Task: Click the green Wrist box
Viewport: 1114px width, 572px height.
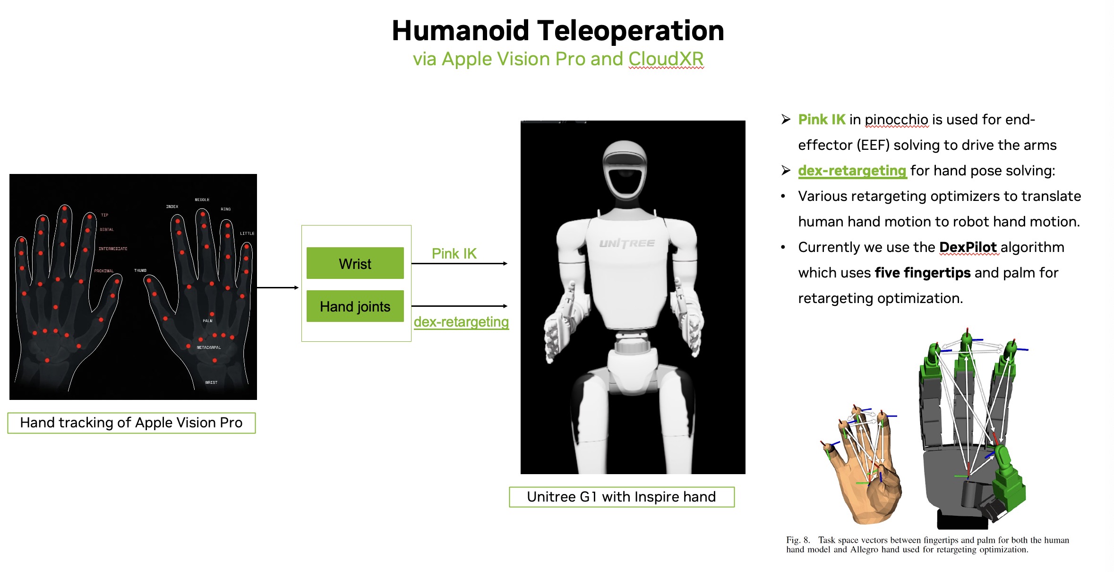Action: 355,263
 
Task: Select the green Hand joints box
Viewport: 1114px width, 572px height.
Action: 355,306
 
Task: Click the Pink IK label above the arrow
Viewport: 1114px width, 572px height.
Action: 454,254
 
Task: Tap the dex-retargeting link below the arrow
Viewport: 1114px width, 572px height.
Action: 461,322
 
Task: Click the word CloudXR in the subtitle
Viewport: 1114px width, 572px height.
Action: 666,59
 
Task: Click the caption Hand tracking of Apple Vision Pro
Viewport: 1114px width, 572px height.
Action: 131,423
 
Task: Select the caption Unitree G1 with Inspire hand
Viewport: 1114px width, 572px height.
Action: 621,497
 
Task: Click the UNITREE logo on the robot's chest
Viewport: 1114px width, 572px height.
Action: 627,243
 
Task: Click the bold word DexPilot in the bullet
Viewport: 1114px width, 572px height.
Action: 968,247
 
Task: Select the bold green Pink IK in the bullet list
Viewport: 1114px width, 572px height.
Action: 822,120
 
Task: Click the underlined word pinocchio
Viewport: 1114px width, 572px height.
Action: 897,120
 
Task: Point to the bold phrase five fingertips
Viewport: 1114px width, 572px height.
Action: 922,273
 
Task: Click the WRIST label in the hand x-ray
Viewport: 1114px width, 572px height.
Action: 211,382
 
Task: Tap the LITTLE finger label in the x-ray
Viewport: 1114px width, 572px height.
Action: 247,234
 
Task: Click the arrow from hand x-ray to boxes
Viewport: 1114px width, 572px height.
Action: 278,287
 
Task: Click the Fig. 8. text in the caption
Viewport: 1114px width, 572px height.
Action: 798,540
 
